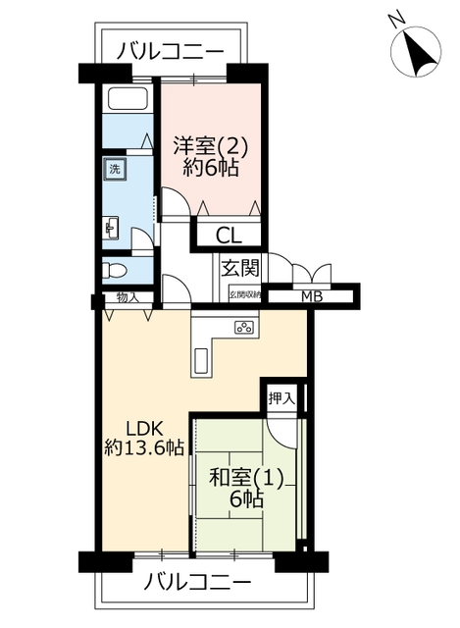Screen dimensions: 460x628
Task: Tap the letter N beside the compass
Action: [x=397, y=20]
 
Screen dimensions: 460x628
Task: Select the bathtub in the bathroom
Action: [x=128, y=99]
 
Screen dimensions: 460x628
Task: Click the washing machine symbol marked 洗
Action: [x=115, y=169]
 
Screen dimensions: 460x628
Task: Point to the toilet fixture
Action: [x=114, y=271]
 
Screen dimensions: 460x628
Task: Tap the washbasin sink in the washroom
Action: [x=111, y=229]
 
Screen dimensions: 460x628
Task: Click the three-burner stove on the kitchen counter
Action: [x=244, y=328]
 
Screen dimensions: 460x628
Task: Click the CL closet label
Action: [x=229, y=235]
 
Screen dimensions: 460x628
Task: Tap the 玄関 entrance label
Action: [x=240, y=268]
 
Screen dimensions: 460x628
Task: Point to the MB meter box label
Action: [x=312, y=297]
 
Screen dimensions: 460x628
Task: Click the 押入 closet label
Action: [x=281, y=398]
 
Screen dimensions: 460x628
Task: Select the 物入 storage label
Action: [x=128, y=297]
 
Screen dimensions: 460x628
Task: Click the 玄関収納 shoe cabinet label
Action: [x=245, y=295]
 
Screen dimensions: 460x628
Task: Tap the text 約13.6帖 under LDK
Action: [x=144, y=447]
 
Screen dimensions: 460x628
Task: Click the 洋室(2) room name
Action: [x=211, y=146]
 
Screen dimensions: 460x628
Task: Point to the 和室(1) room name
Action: [x=246, y=478]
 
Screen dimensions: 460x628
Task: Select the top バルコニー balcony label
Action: [x=170, y=52]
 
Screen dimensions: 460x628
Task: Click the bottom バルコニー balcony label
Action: [x=198, y=583]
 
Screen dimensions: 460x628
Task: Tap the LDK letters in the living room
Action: [x=144, y=429]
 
